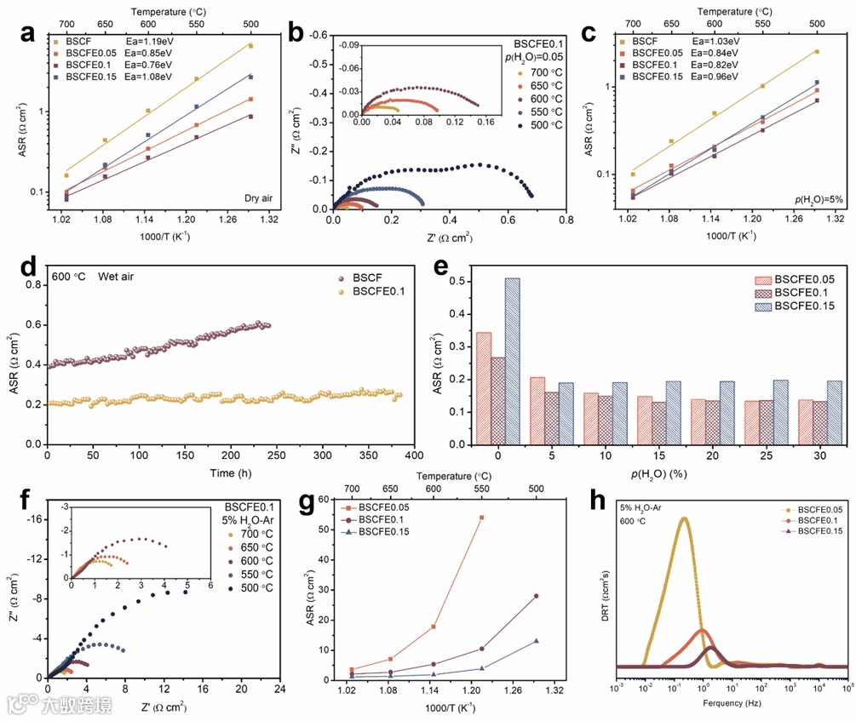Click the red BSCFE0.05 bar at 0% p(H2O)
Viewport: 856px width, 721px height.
tap(483, 388)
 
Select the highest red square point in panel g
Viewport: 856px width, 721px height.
tap(481, 518)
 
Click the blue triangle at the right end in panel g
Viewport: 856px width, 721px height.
tap(537, 641)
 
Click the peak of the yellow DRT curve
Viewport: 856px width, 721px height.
tap(683, 518)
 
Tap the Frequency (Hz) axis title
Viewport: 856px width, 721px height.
tap(731, 703)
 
